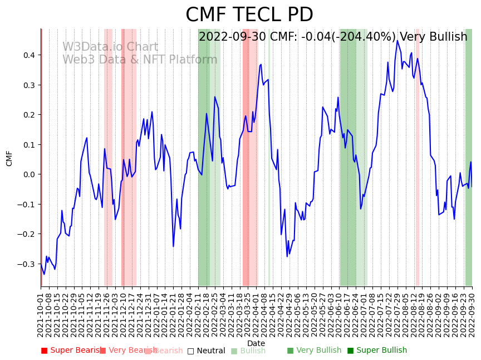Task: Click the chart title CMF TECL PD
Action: (x=249, y=15)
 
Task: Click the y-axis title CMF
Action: (x=9, y=158)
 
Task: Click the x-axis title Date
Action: (x=256, y=343)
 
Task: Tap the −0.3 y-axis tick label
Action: (x=26, y=264)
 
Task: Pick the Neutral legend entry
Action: (x=206, y=351)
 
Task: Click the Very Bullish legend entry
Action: (x=314, y=351)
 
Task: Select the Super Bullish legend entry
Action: (x=377, y=351)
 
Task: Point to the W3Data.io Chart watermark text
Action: (x=110, y=47)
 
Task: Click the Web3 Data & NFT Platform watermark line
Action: (x=140, y=60)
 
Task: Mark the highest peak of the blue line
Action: (x=397, y=41)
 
